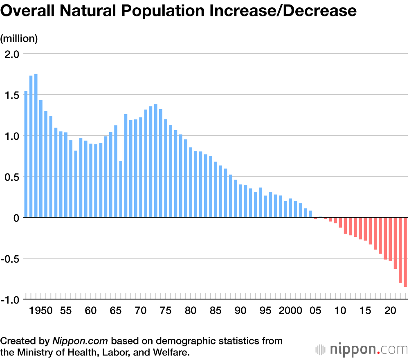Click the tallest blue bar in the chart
pos(36,146)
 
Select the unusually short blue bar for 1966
pos(121,189)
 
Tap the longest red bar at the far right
pos(405,252)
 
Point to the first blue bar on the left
pos(26,154)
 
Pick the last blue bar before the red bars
pos(310,214)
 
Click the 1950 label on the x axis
pos(41,311)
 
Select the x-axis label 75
pos(166,311)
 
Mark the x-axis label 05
pos(315,311)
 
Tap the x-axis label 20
pos(391,311)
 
